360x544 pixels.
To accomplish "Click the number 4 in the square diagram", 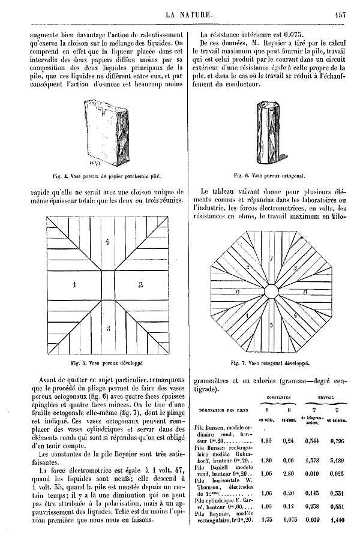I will click(107, 242).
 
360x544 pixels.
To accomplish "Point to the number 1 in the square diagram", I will click(74, 285).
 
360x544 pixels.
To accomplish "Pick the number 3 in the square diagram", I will click(108, 327).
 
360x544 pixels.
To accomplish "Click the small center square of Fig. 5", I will click(108, 285).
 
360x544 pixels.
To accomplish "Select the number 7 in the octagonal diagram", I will click(271, 259).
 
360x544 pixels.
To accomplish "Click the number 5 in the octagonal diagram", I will click(271, 325).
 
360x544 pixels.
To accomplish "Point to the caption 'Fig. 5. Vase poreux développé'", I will click(109, 363).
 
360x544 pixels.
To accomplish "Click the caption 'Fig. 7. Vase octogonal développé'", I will click(270, 363).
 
